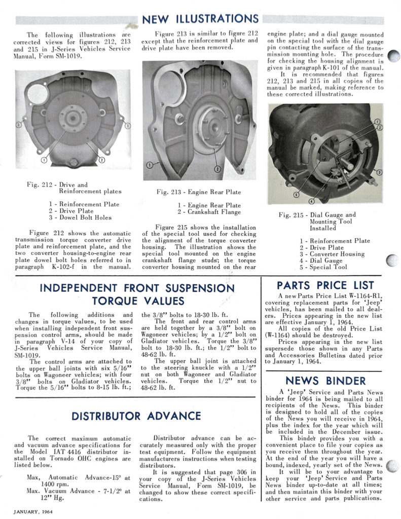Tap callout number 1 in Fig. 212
click(x=44, y=160)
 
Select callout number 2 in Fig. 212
click(x=102, y=160)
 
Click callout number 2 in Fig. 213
click(x=217, y=168)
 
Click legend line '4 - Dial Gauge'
click(x=320, y=261)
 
